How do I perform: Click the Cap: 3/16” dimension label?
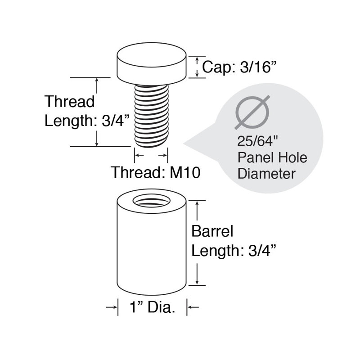click(238, 67)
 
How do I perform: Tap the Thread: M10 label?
click(155, 172)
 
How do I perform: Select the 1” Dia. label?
click(152, 307)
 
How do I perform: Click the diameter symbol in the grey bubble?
click(252, 112)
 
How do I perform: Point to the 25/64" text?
click(257, 141)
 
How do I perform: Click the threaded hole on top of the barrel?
click(152, 201)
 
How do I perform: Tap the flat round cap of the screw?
click(152, 63)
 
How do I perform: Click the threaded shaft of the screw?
click(152, 116)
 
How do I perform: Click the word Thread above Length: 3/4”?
click(69, 101)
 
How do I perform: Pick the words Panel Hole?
click(272, 158)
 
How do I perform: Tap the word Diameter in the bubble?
click(266, 174)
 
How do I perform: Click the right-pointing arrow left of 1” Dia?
click(112, 307)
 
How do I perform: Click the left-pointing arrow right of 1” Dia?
click(193, 307)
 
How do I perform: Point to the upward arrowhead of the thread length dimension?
click(97, 80)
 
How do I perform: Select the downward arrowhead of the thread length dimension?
click(97, 144)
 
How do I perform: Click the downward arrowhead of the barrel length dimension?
click(197, 282)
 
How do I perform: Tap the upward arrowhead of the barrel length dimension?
click(197, 204)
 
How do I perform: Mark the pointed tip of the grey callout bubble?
click(184, 144)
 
